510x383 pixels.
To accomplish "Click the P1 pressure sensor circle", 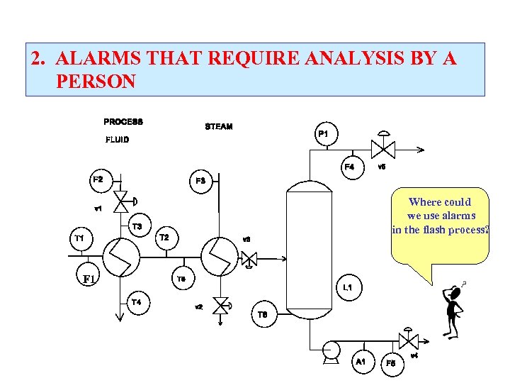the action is pos(324,134).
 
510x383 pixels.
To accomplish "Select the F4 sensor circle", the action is pos(350,167).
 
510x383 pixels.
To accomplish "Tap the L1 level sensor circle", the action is pos(348,287).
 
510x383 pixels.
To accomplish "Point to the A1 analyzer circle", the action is pos(361,362).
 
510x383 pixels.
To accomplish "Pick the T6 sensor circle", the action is pos(263,314).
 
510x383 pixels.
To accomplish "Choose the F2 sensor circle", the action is pos(98,179).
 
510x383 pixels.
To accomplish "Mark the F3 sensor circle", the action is pos(201,181).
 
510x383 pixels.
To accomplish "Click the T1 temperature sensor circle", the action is pos(79,238).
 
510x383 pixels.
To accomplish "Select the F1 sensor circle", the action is pos(89,279).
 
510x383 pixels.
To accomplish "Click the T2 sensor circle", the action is pos(164,237).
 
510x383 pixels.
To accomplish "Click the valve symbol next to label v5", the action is pos(387,149).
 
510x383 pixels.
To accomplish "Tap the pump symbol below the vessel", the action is pos(328,350).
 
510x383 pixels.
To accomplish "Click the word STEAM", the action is pos(218,127).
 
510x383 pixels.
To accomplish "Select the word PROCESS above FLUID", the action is pos(123,121).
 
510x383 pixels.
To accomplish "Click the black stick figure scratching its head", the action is pos(452,311).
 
